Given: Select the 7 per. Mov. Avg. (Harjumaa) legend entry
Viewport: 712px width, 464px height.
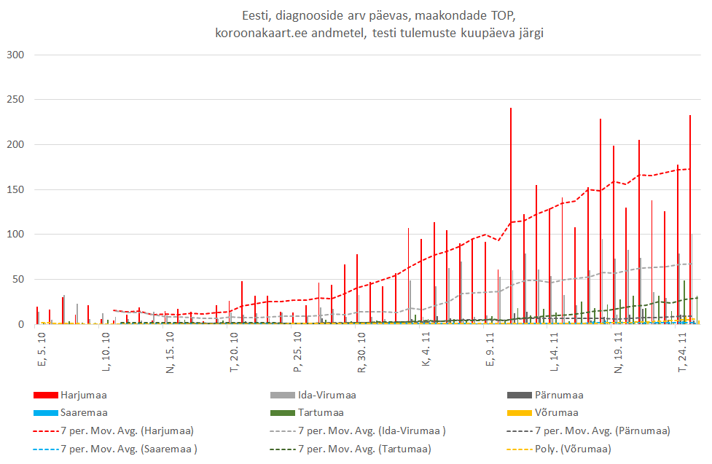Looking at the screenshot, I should pos(127,430).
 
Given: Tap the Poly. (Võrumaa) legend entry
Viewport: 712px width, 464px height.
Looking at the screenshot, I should pos(574,448).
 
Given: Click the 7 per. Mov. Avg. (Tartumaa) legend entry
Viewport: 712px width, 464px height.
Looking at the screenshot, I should pos(364,448).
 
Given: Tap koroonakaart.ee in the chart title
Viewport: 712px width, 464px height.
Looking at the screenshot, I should pos(258,34).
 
